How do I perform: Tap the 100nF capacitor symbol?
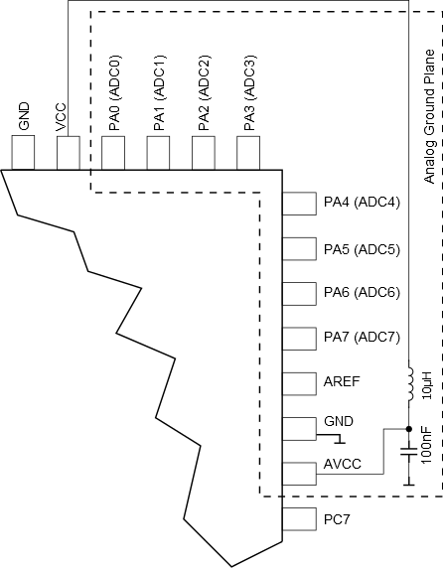point(409,452)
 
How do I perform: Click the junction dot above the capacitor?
point(409,429)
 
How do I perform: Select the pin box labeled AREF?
point(299,383)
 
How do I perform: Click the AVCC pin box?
point(299,474)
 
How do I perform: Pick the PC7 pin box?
point(299,519)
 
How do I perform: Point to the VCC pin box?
point(69,153)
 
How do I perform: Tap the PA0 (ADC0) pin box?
point(113,153)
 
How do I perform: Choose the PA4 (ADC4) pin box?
point(299,204)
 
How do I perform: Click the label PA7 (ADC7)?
point(362,338)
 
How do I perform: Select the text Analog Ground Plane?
point(429,116)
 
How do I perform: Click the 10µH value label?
point(427,384)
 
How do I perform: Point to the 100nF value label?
point(427,445)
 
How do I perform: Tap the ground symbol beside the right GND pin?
point(335,438)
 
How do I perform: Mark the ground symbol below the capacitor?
point(409,480)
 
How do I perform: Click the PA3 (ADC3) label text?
point(249,92)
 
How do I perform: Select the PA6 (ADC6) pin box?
point(299,293)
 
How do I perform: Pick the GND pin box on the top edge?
point(23,153)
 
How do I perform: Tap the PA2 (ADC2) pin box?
point(204,153)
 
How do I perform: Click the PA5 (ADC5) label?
point(362,249)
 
